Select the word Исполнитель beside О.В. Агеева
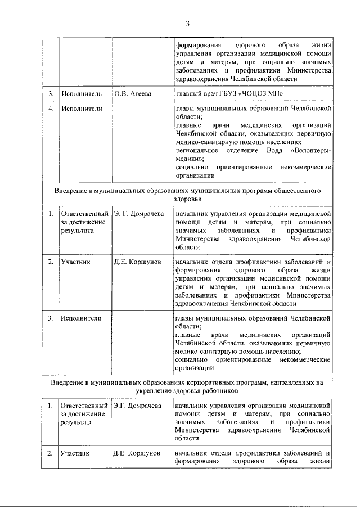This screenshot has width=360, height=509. [x=82, y=93]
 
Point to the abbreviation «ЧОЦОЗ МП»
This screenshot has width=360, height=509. [x=257, y=93]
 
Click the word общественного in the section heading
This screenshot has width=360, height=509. [x=296, y=191]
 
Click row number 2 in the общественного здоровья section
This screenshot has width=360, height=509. [x=51, y=262]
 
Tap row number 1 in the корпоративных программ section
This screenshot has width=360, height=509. [x=51, y=405]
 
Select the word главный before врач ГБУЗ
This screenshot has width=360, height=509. [x=188, y=93]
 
